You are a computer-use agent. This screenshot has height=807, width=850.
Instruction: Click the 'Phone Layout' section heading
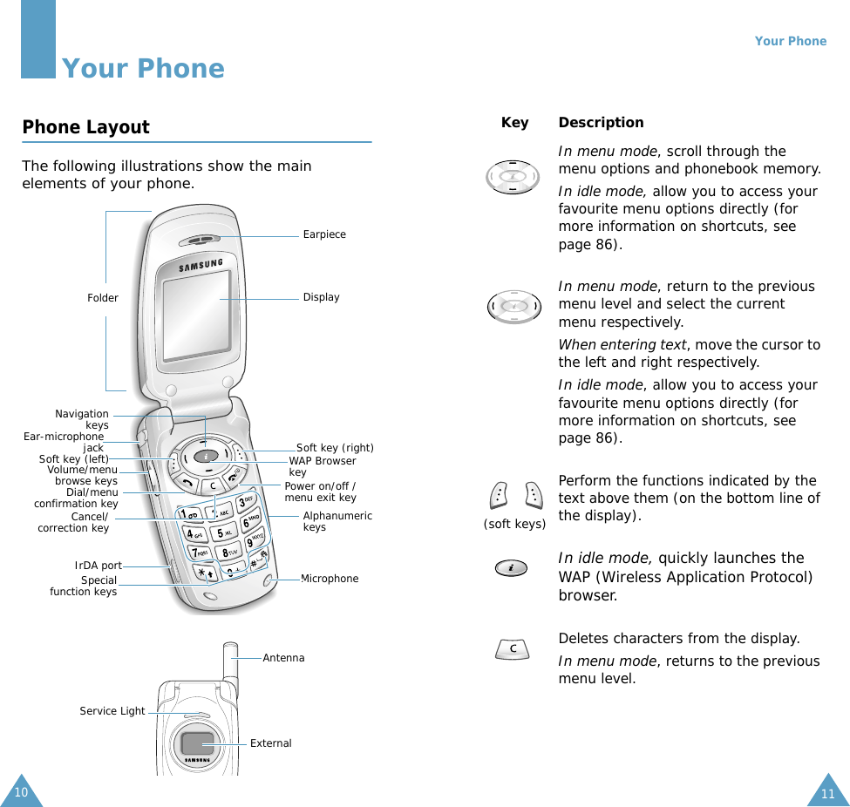pyautogui.click(x=85, y=127)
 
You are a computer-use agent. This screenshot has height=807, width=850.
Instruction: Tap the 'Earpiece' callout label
pyautogui.click(x=324, y=234)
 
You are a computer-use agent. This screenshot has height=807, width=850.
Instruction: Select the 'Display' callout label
pyautogui.click(x=321, y=297)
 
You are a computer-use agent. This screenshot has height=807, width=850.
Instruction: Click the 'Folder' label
pyautogui.click(x=102, y=298)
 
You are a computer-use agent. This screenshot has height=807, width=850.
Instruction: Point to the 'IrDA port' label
pyautogui.click(x=98, y=566)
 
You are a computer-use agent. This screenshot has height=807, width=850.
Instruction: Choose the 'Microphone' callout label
pyautogui.click(x=330, y=579)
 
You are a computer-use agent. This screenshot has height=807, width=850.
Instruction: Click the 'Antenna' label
pyautogui.click(x=283, y=658)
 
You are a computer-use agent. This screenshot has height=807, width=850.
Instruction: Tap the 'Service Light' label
pyautogui.click(x=112, y=711)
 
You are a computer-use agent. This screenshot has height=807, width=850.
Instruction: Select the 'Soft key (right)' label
pyautogui.click(x=335, y=448)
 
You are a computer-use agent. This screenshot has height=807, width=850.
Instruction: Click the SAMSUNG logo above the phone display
pyautogui.click(x=201, y=264)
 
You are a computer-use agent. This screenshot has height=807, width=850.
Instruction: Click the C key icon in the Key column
pyautogui.click(x=513, y=649)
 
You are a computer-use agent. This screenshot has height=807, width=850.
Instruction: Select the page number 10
pyautogui.click(x=21, y=792)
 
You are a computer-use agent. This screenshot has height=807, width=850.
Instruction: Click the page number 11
pyautogui.click(x=828, y=793)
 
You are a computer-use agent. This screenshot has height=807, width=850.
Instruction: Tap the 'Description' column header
pyautogui.click(x=601, y=123)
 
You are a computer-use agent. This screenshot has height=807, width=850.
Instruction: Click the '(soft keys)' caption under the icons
pyautogui.click(x=514, y=524)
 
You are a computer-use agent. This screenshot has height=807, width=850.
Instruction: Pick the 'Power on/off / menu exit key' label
pyautogui.click(x=320, y=492)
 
